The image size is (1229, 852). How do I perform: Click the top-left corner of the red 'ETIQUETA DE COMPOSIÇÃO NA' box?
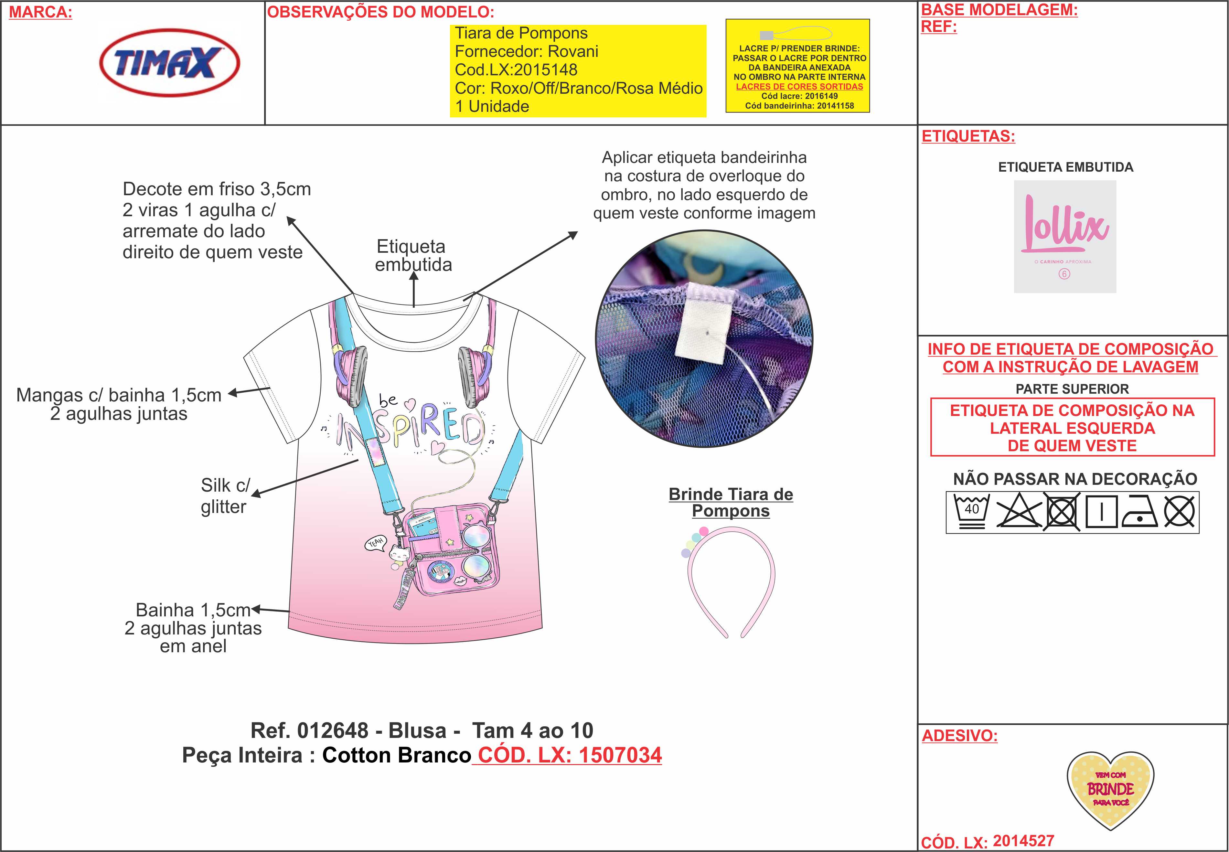(931, 398)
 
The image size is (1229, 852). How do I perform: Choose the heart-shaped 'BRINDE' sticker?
(1110, 790)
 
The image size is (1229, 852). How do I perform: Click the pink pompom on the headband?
(704, 531)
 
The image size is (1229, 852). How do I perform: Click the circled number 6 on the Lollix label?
(1064, 274)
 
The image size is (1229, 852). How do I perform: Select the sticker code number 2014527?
(1023, 841)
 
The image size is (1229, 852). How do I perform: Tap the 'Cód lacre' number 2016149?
(822, 96)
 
